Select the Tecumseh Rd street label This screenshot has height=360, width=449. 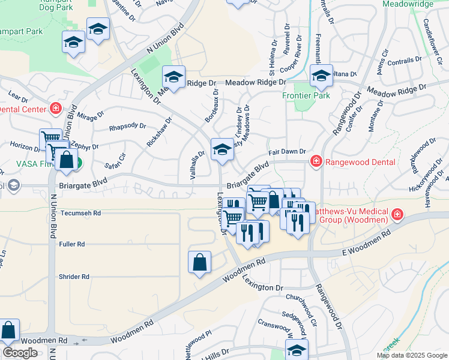coord(79,213)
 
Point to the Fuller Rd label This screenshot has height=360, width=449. coord(72,244)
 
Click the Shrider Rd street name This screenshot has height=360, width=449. coord(74,277)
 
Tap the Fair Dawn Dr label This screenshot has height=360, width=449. coord(287,152)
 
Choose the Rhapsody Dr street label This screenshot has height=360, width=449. coord(127,127)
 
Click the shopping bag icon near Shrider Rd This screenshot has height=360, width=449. coord(199,263)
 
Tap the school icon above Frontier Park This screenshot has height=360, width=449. coord(321,76)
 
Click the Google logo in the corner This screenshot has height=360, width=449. coord(20,353)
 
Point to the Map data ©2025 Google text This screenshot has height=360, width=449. coord(412,355)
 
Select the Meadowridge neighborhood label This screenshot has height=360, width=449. coord(408,4)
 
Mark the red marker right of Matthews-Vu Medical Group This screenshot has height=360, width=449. coord(397,215)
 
